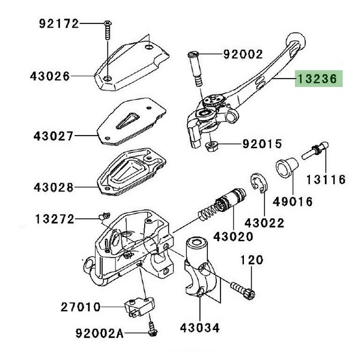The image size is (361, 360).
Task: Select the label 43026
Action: (49, 77)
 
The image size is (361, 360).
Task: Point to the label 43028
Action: (49, 187)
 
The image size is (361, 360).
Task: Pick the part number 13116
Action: (325, 179)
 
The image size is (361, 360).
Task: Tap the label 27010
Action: (79, 307)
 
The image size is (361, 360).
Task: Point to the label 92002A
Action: (99, 332)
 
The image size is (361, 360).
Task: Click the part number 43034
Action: (200, 328)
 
